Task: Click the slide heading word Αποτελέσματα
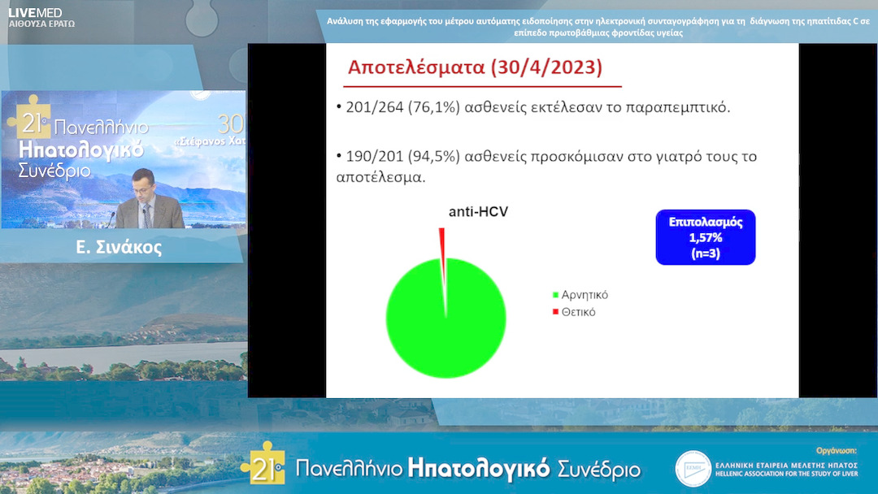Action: (x=415, y=67)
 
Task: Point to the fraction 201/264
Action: (x=373, y=107)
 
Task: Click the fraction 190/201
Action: (x=373, y=156)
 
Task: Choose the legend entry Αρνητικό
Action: (x=585, y=295)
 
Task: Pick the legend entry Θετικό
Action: (x=578, y=312)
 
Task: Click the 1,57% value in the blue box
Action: (x=705, y=237)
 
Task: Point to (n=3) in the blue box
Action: (x=705, y=253)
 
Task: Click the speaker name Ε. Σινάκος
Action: (x=119, y=248)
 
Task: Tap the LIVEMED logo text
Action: (x=34, y=12)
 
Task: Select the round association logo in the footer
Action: (x=693, y=468)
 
